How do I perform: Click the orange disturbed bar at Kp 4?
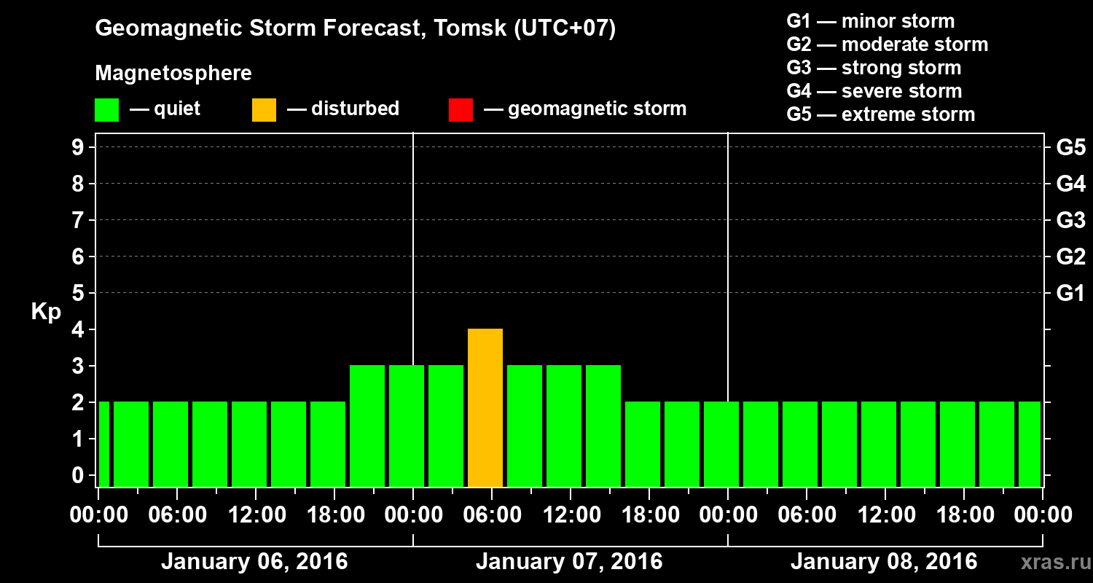[485, 407]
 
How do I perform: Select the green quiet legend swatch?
[106, 110]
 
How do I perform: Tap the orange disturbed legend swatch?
[264, 110]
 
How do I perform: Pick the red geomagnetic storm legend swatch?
[461, 110]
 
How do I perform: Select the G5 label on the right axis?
[1070, 148]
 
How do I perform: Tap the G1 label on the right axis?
[1070, 294]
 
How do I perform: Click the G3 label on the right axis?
[1070, 221]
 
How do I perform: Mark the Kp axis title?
[45, 312]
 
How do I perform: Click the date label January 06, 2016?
[254, 562]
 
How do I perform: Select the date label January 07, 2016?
[569, 562]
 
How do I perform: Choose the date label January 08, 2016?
[883, 562]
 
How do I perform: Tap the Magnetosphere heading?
[173, 74]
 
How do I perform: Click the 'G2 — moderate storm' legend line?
[887, 44]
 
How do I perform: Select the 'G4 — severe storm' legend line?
[874, 91]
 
